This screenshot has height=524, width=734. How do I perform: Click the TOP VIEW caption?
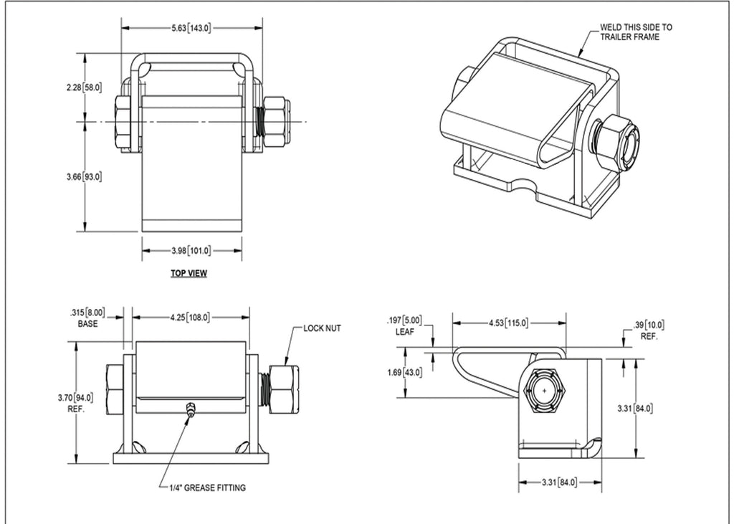[189, 273]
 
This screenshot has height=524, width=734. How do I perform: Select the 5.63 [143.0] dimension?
[191, 28]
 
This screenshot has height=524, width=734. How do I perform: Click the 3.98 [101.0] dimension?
[191, 250]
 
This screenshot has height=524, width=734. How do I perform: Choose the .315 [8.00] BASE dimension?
[87, 318]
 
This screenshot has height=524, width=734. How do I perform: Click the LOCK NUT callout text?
[322, 328]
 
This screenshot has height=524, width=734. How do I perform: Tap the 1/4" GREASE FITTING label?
[207, 487]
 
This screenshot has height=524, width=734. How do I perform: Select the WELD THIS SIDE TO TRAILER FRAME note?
[636, 32]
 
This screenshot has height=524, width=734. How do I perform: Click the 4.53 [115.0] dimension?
[509, 323]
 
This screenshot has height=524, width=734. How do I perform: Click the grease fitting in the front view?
[190, 410]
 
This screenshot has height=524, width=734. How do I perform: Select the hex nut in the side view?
[545, 391]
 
